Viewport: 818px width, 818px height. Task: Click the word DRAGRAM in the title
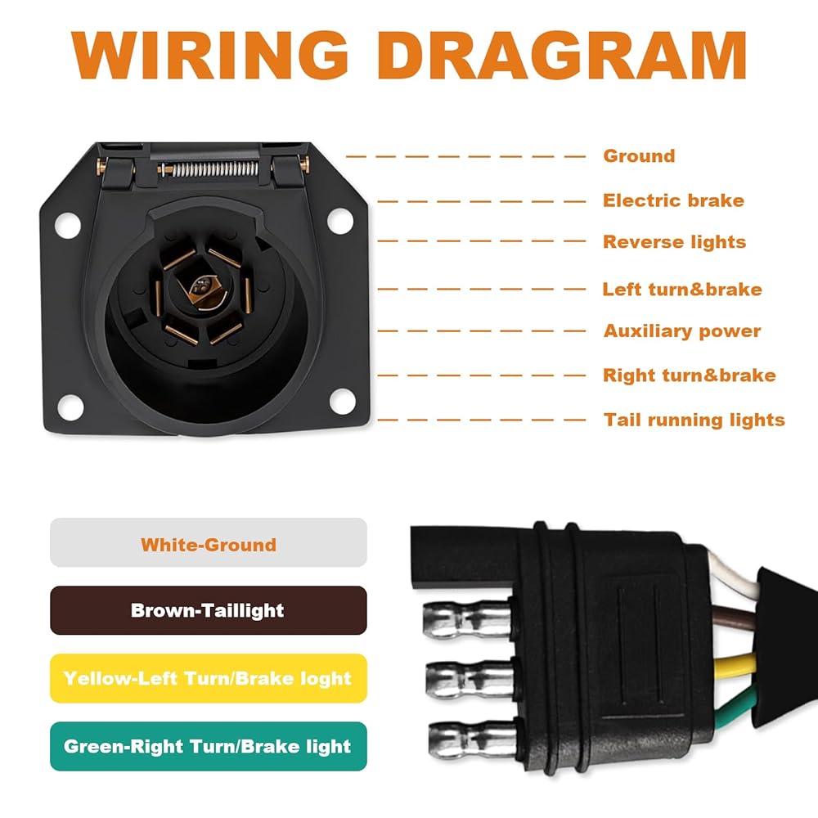[564, 56]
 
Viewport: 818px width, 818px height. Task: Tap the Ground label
[639, 155]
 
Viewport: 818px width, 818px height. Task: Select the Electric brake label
[673, 200]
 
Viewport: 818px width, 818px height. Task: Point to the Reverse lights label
[674, 242]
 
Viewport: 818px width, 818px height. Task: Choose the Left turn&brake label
[681, 289]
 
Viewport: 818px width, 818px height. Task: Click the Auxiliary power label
[681, 331]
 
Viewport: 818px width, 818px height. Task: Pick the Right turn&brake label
[689, 375]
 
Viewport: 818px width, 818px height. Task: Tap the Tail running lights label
[694, 420]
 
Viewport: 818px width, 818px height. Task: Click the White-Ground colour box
[209, 543]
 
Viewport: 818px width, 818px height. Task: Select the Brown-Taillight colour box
[209, 610]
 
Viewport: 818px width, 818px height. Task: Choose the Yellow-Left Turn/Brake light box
[209, 678]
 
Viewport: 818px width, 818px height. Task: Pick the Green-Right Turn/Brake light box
[209, 746]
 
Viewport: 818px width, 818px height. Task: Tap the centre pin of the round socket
[200, 286]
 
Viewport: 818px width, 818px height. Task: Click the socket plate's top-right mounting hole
[337, 219]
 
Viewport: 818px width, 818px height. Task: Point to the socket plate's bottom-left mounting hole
[68, 402]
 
